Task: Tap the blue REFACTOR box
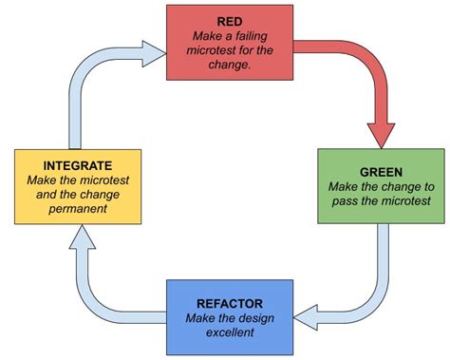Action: (230, 309)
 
